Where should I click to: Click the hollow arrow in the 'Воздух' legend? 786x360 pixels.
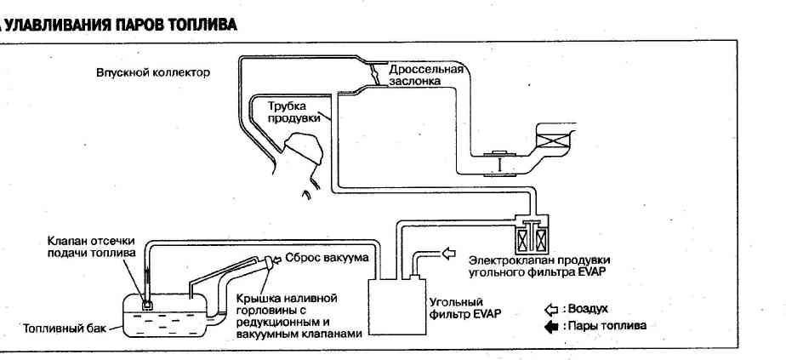point(550,309)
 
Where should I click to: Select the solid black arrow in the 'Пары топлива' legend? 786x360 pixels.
point(550,326)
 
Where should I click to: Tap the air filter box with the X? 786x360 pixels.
point(561,138)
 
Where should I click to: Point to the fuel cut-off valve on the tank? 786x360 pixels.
point(147,300)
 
